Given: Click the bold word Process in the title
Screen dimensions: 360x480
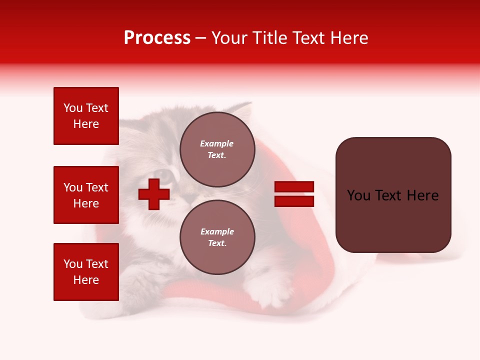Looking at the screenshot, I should tap(157, 38).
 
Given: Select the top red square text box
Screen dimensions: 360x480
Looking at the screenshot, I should tap(86, 116).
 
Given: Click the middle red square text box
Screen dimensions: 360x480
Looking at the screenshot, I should tap(86, 195).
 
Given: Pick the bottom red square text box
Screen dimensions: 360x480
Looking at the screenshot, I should tap(86, 272).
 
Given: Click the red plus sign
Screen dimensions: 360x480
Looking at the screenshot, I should tap(154, 194).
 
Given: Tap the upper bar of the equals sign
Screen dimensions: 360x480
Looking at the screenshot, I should tap(294, 186).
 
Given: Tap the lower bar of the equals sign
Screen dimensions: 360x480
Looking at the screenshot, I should tap(294, 201).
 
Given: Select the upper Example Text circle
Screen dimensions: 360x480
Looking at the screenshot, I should tap(217, 149).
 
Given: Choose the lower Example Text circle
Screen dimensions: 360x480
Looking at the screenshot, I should tap(217, 237).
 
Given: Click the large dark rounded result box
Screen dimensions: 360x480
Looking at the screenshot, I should tap(393, 195).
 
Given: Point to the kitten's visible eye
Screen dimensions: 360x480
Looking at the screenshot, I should tap(169, 175).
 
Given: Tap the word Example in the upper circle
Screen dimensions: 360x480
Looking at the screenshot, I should tap(217, 143).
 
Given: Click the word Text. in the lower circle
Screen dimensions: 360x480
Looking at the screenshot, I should tap(217, 243).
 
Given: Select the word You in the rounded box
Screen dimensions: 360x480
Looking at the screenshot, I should tap(359, 195).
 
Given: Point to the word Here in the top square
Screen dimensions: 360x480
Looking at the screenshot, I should tap(86, 124).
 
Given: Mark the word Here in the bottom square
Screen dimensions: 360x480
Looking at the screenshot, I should tap(86, 280).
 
